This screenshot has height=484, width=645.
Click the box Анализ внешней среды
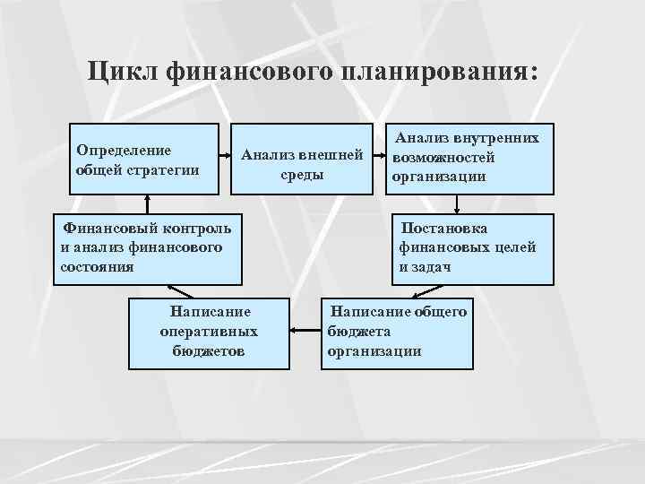(x=303, y=159)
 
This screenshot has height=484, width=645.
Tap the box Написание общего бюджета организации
(x=396, y=333)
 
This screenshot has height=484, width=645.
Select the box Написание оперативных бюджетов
(x=208, y=333)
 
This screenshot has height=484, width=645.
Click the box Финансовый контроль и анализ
(x=147, y=249)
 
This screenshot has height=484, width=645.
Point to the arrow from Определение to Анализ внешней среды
(x=227, y=159)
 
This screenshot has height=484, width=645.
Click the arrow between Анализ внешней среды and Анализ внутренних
(x=380, y=159)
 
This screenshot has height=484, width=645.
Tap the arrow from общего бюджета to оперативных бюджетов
(x=305, y=332)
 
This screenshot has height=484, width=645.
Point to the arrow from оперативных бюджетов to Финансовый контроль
(x=179, y=290)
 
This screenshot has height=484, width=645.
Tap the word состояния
(x=96, y=266)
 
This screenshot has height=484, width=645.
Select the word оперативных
(x=209, y=332)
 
